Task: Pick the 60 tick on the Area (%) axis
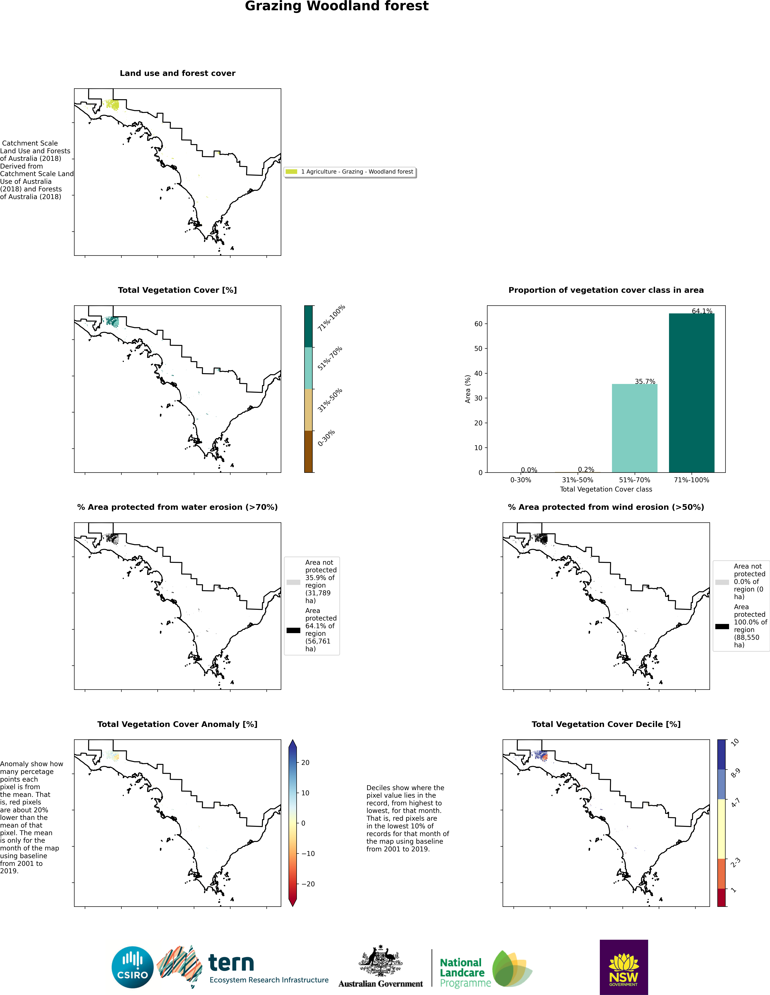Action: coord(478,324)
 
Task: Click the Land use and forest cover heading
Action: coord(177,73)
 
